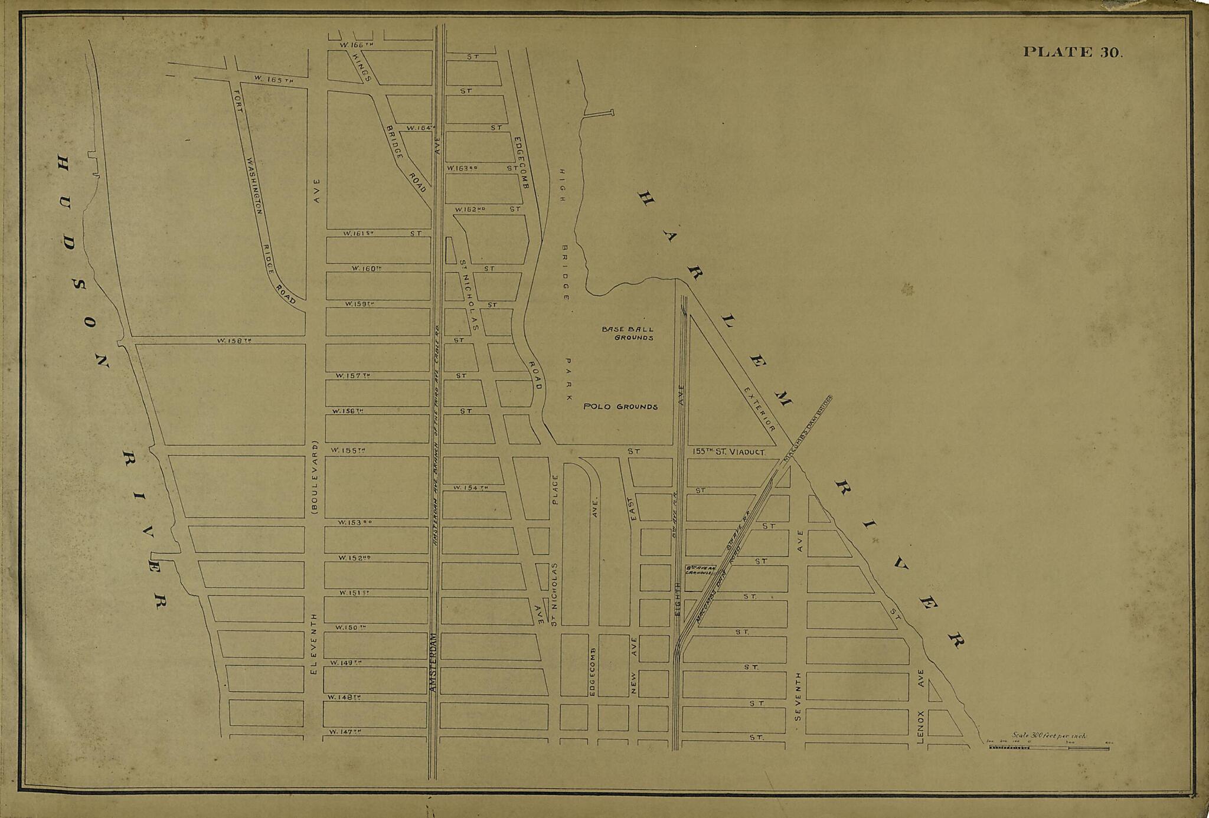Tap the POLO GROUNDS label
coord(620,407)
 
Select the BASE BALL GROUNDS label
coord(628,333)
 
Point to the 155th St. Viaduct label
coord(729,452)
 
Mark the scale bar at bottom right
coord(1048,748)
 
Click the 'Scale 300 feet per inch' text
coord(1048,735)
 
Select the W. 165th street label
coord(273,78)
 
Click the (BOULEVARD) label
coord(315,479)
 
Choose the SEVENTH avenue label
coord(798,696)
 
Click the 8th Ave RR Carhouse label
coord(700,570)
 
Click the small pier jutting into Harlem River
coord(599,113)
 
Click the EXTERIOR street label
coord(759,409)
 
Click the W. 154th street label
coord(470,487)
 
